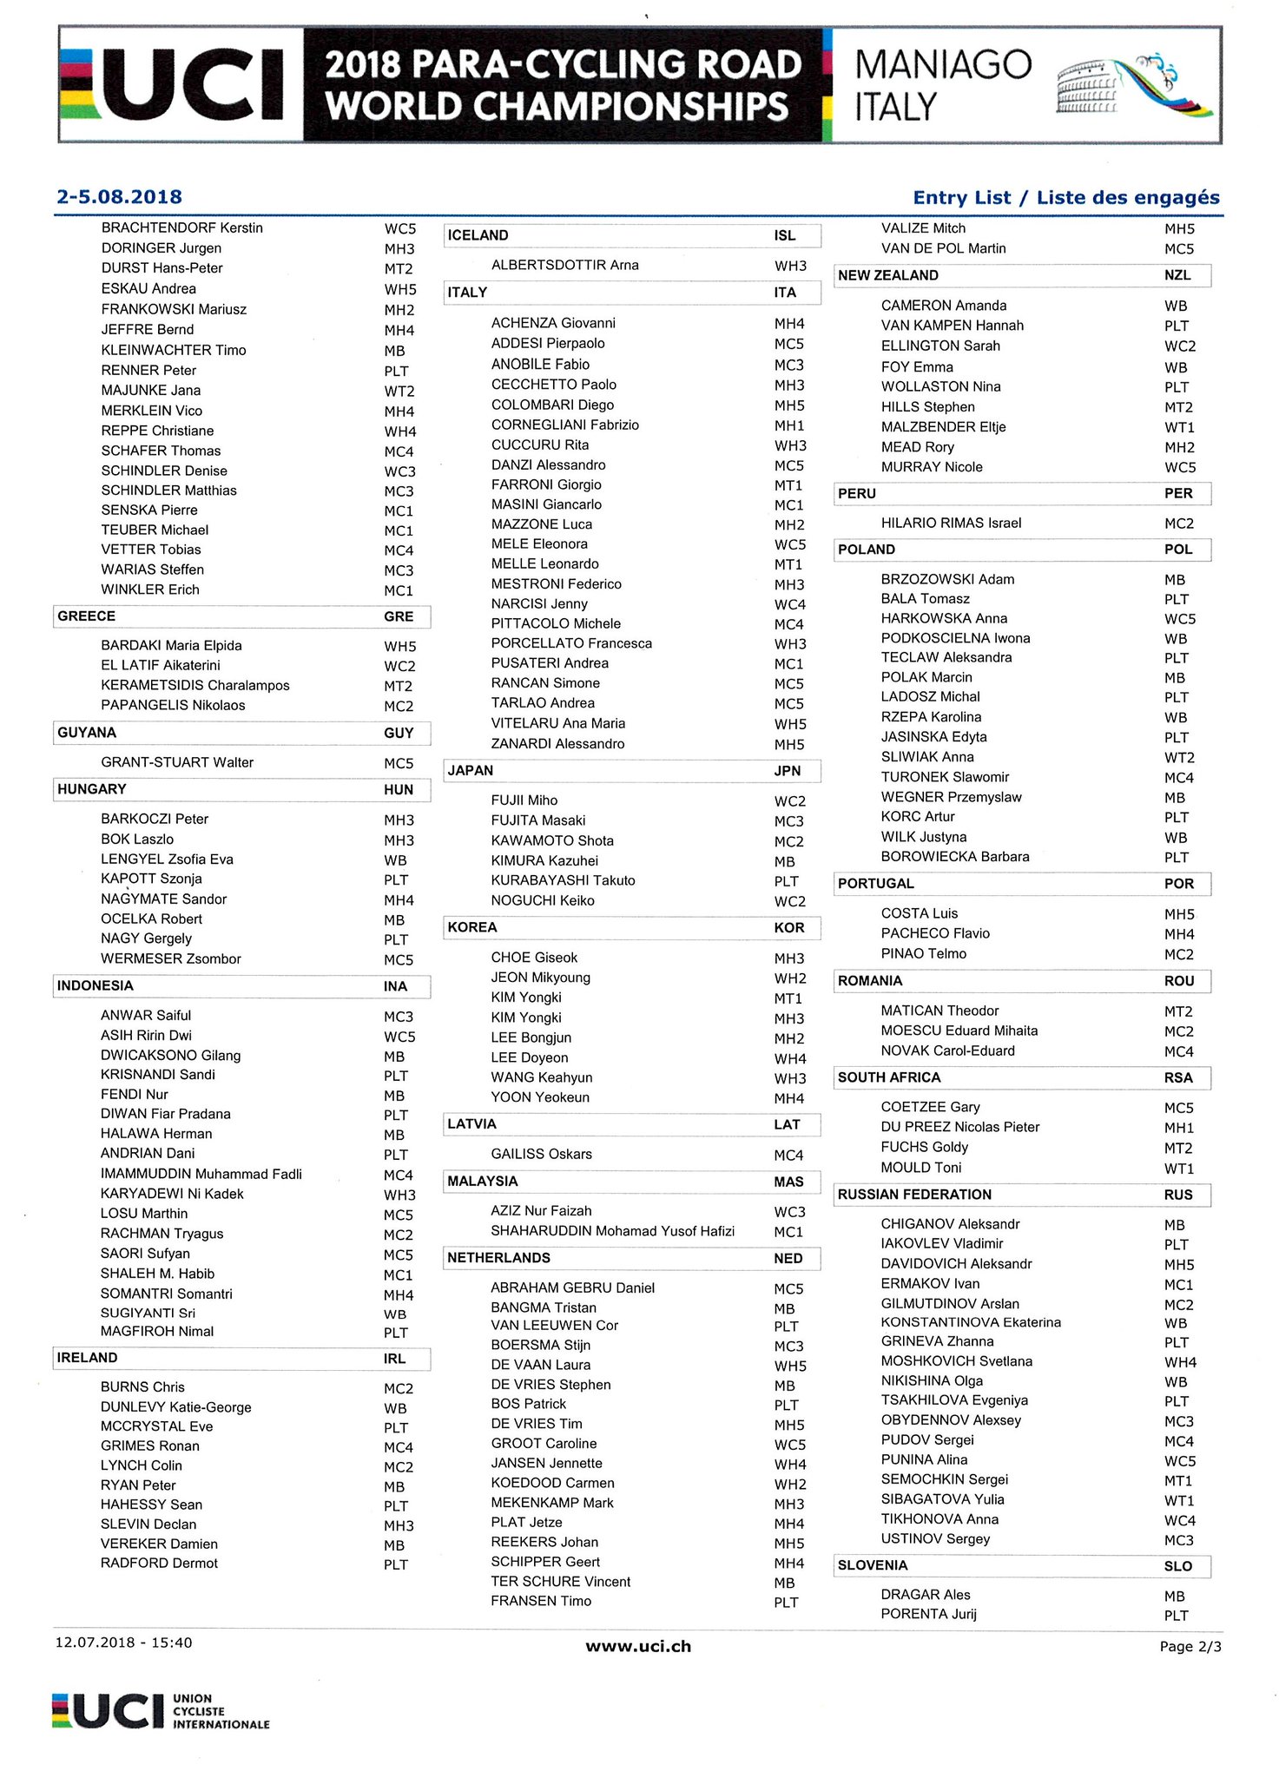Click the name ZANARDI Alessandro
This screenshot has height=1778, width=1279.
pyautogui.click(x=557, y=744)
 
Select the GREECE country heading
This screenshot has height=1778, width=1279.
pyautogui.click(x=87, y=616)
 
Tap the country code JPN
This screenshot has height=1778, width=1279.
pyautogui.click(x=787, y=771)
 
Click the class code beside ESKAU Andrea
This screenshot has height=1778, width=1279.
pyautogui.click(x=400, y=289)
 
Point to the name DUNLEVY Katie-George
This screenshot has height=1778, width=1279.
pyautogui.click(x=176, y=1407)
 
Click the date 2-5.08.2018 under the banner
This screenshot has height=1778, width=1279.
pyautogui.click(x=119, y=197)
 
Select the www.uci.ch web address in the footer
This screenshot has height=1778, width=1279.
pyautogui.click(x=638, y=1646)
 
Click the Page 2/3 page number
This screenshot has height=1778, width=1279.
pyautogui.click(x=1190, y=1646)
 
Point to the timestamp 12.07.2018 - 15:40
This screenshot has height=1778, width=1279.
pyautogui.click(x=123, y=1643)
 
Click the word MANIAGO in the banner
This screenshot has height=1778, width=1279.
pyautogui.click(x=943, y=65)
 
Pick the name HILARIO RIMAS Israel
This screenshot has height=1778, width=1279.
pyautogui.click(x=951, y=523)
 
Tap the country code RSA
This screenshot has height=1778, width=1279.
pyautogui.click(x=1178, y=1078)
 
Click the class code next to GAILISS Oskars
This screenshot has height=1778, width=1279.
pyautogui.click(x=788, y=1156)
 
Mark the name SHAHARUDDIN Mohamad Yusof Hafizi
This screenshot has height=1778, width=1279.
pyautogui.click(x=612, y=1231)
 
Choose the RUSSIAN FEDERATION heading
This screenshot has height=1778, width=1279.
pyautogui.click(x=914, y=1195)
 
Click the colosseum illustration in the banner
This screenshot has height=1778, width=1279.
pyautogui.click(x=1087, y=89)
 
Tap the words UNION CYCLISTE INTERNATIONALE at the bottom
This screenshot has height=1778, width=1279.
pyautogui.click(x=221, y=1711)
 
